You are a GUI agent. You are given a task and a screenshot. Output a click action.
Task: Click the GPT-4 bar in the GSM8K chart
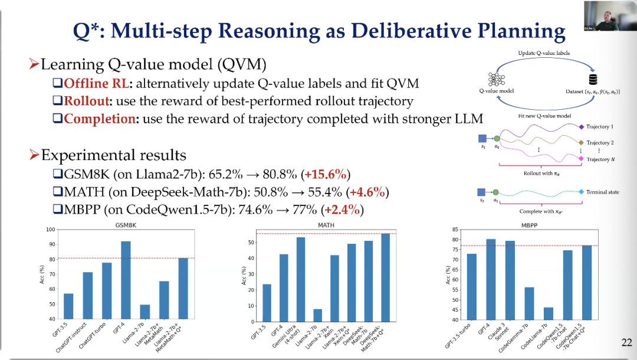coord(126,280)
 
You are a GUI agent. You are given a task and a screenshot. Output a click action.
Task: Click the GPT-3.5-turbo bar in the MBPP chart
coord(472,287)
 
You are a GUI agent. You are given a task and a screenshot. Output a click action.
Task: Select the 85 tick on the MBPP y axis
coord(455,230)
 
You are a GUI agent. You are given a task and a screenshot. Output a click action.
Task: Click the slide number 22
coord(627,342)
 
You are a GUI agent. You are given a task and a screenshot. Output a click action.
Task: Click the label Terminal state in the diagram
coord(603,192)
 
